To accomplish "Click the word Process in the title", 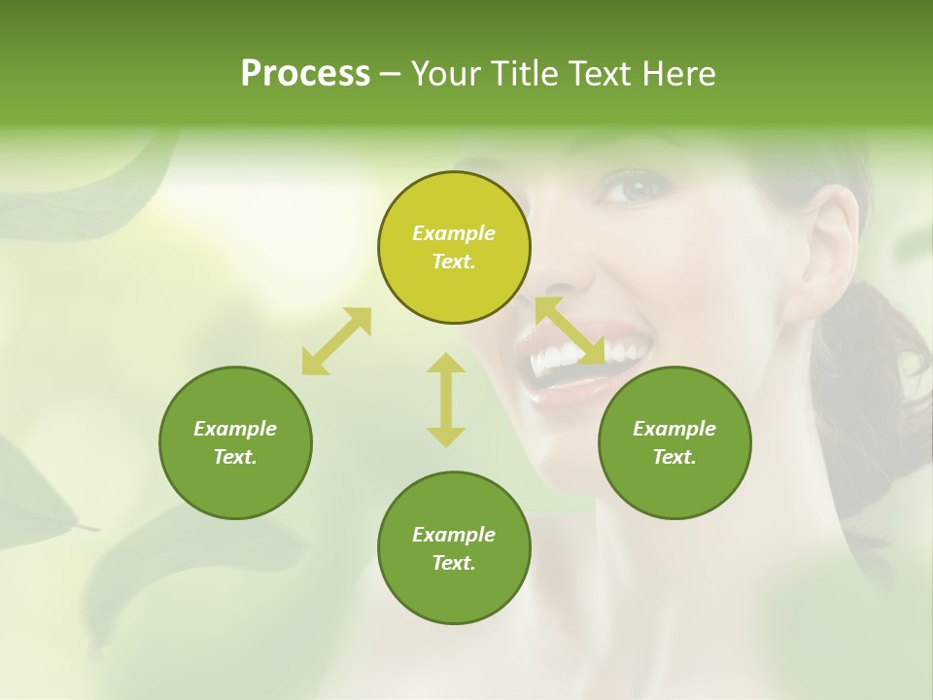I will [x=305, y=74].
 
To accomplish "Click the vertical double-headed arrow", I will [x=446, y=400].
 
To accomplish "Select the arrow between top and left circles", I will [x=336, y=341].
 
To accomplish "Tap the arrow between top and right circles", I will [x=570, y=332].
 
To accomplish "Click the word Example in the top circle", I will [x=454, y=233].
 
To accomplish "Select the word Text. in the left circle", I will [x=235, y=457].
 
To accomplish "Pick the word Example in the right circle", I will [x=674, y=429].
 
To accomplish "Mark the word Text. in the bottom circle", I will [x=454, y=563].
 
